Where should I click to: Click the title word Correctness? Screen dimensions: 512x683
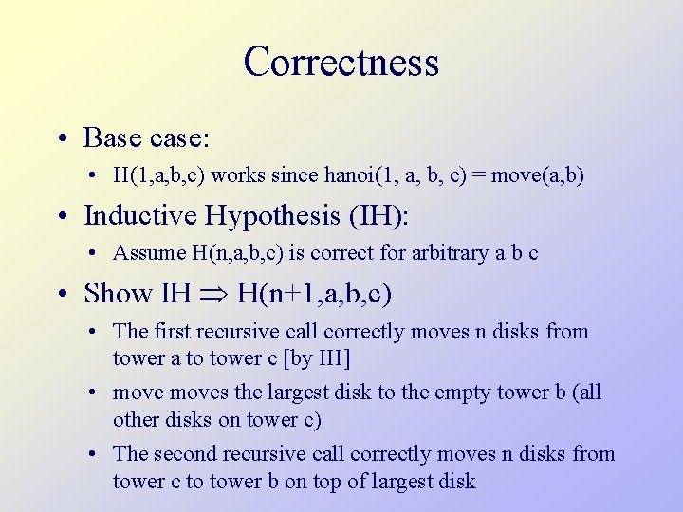click(x=341, y=63)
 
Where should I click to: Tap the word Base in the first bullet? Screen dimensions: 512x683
click(x=113, y=137)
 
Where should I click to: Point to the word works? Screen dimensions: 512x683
click(x=234, y=175)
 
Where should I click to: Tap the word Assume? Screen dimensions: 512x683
click(x=144, y=253)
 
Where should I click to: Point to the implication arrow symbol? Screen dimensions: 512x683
click(x=212, y=294)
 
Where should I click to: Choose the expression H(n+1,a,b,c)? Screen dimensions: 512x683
click(x=313, y=293)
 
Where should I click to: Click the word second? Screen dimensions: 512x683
click(x=184, y=454)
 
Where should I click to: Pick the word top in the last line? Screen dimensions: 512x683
click(x=323, y=481)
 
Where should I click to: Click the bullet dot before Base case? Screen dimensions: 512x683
click(x=60, y=138)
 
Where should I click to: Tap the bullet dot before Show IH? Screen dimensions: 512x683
click(x=60, y=294)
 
